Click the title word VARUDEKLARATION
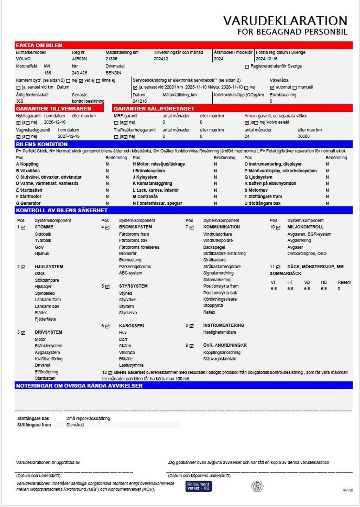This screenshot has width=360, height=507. click(x=285, y=20)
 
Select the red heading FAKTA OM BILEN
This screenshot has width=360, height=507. click(x=39, y=45)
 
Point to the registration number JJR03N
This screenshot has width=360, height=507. click(x=79, y=59)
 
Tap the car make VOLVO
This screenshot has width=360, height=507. click(x=23, y=59)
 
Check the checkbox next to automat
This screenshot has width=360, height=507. click(x=272, y=87)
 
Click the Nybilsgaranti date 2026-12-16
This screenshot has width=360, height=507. click(x=54, y=122)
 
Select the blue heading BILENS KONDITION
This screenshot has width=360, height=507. click(x=42, y=144)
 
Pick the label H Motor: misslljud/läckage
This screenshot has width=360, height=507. click(x=159, y=164)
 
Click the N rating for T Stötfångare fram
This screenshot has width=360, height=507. click(x=327, y=197)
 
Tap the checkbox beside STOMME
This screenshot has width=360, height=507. click(x=23, y=227)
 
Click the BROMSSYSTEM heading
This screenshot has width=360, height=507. click(x=135, y=227)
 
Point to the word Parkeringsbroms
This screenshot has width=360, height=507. click(x=135, y=267)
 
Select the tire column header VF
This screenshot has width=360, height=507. click(x=274, y=282)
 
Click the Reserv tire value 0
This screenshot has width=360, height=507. click(x=339, y=289)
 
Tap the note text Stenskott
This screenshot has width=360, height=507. click(x=75, y=425)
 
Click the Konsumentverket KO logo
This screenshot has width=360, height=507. click(x=199, y=486)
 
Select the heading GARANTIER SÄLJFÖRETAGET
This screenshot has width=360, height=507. click(x=154, y=109)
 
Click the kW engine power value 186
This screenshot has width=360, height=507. click(x=47, y=73)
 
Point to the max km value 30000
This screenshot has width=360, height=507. click(x=303, y=136)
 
